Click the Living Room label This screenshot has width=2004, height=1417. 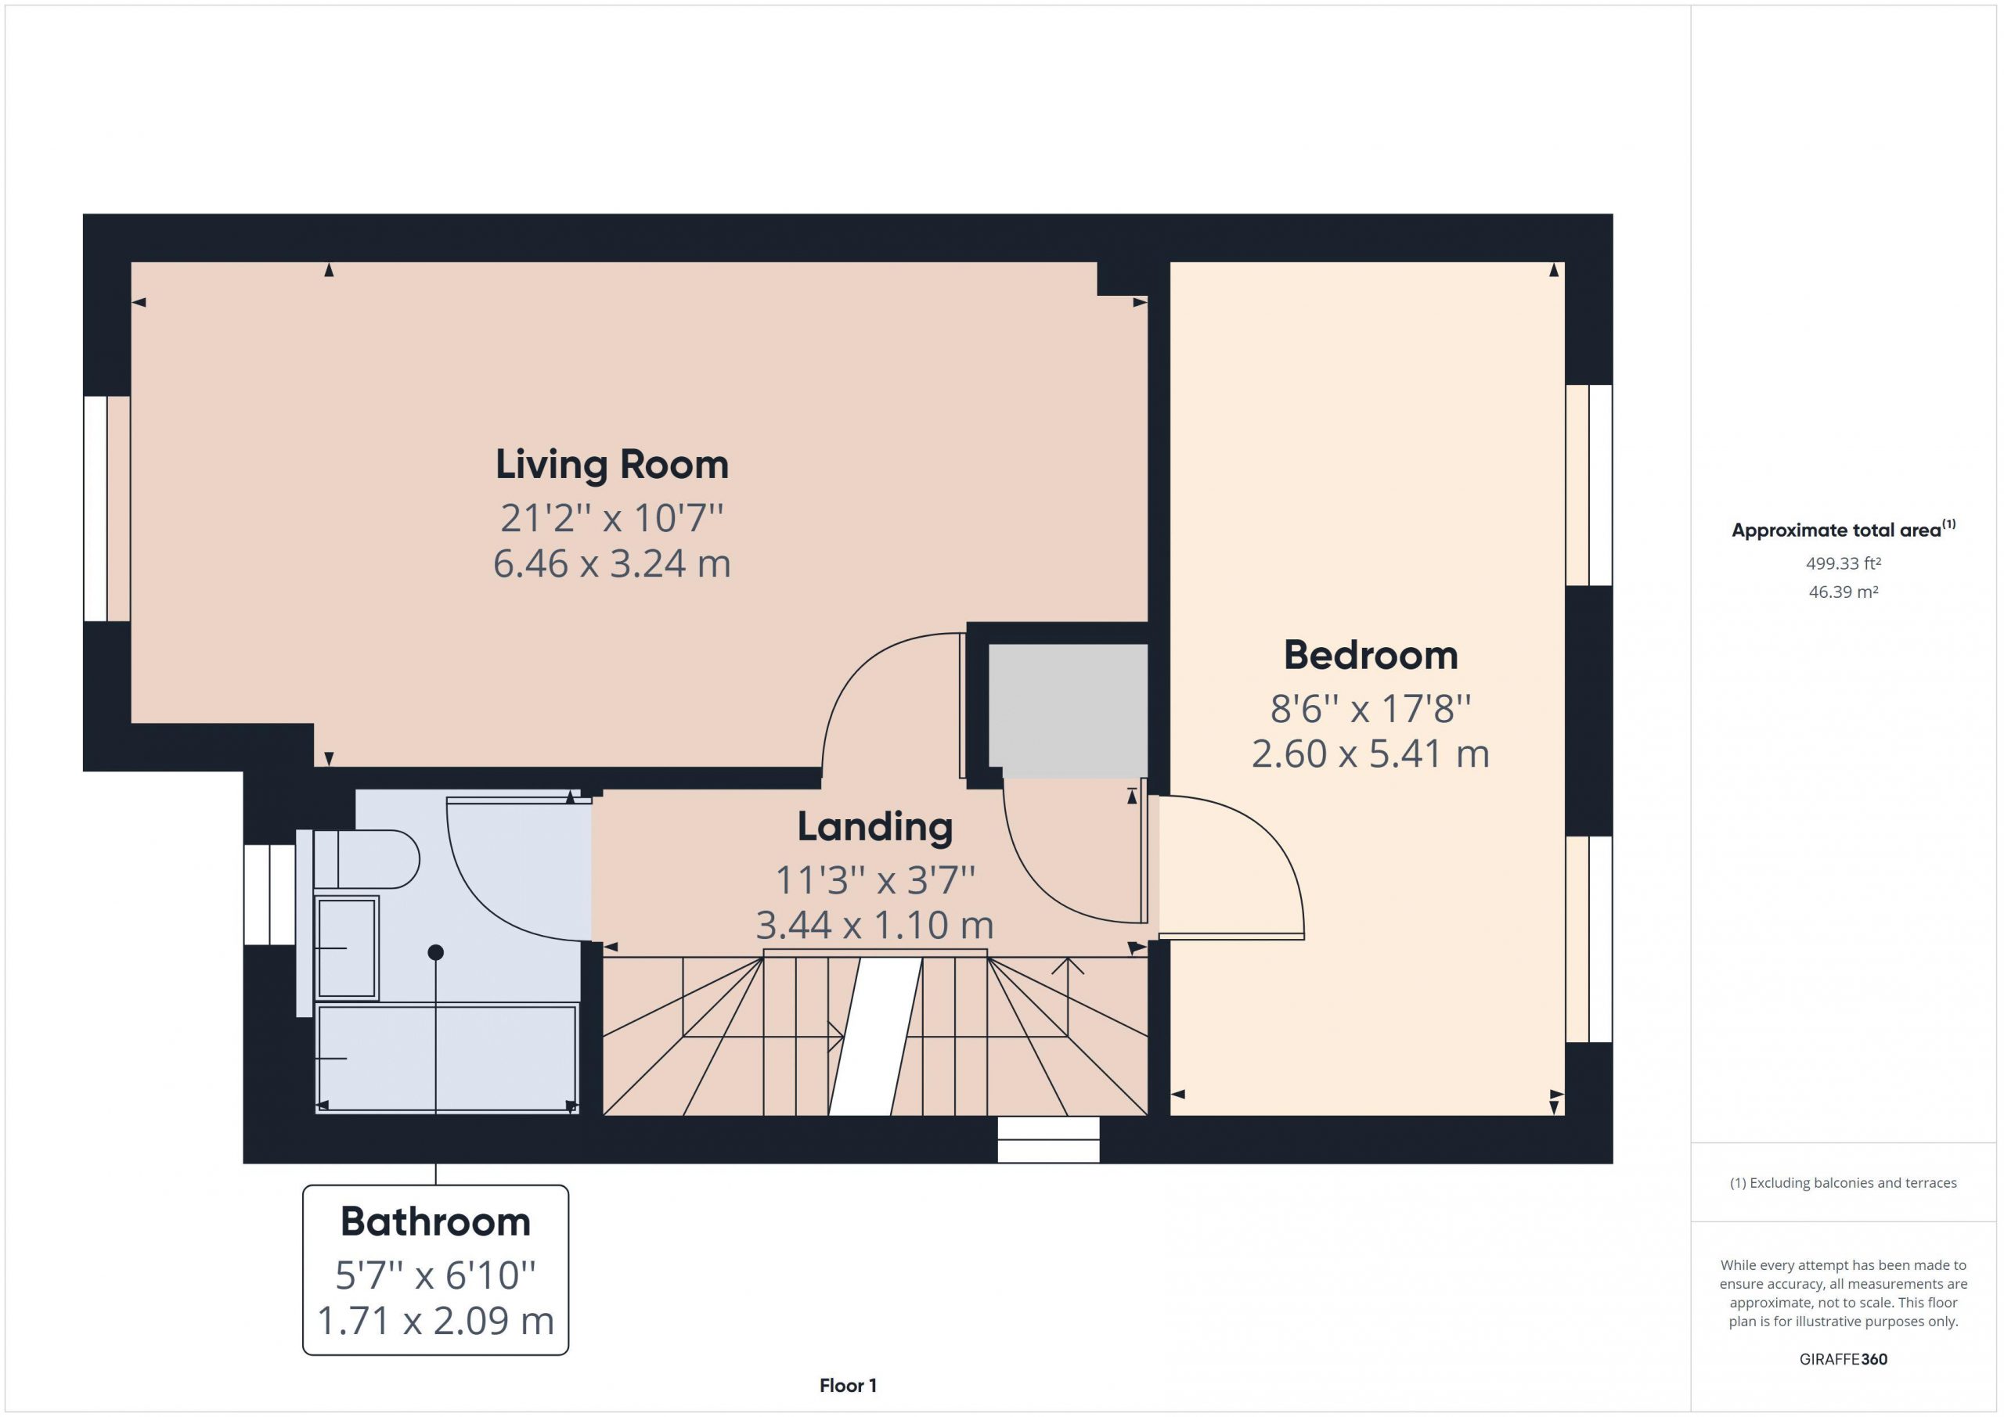pos(612,464)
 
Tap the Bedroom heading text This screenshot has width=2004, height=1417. pos(1371,655)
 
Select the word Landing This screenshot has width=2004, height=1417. pos(874,827)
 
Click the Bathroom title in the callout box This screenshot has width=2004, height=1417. pos(435,1221)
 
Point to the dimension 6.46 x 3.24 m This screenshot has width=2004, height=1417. pos(612,563)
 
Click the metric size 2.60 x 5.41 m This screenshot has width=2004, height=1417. pos(1371,753)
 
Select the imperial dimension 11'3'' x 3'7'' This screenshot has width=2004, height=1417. pos(874,879)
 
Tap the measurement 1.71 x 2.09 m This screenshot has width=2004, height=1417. pos(435,1321)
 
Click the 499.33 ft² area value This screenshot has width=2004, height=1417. pos(1844,563)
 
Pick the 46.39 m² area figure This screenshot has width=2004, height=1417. pos(1844,592)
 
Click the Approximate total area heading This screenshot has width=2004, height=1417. pos(1844,530)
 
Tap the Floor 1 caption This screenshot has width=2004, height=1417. pos(848,1386)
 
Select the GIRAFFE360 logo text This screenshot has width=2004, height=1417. pos(1844,1359)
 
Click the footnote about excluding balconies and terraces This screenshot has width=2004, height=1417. pos(1844,1183)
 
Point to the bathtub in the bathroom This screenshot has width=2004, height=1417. pos(446,1059)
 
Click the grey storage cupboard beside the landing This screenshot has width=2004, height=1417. pos(1068,710)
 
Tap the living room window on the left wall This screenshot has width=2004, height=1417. pos(106,509)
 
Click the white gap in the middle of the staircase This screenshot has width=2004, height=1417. pos(874,1037)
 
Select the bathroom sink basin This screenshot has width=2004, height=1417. pos(347,948)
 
